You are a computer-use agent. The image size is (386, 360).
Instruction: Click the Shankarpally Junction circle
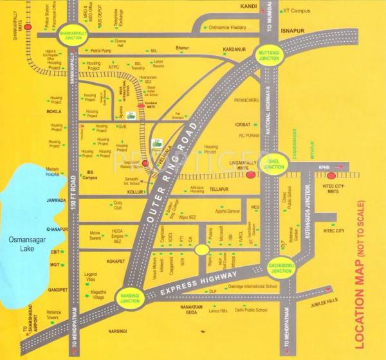tap(72, 36)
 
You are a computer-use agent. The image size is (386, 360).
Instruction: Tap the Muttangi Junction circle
tap(268, 55)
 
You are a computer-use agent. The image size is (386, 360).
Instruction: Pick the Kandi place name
tap(248, 6)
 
